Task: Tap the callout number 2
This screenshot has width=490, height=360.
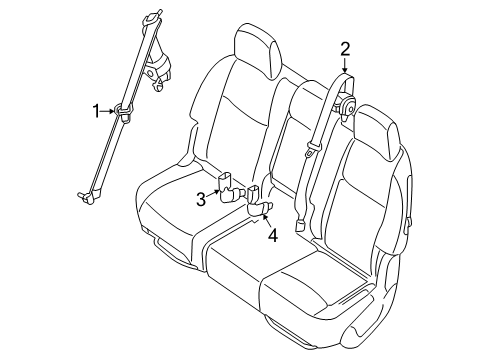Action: pos(345,48)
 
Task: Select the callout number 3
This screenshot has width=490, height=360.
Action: pos(201,199)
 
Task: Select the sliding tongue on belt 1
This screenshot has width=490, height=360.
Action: pos(125,113)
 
